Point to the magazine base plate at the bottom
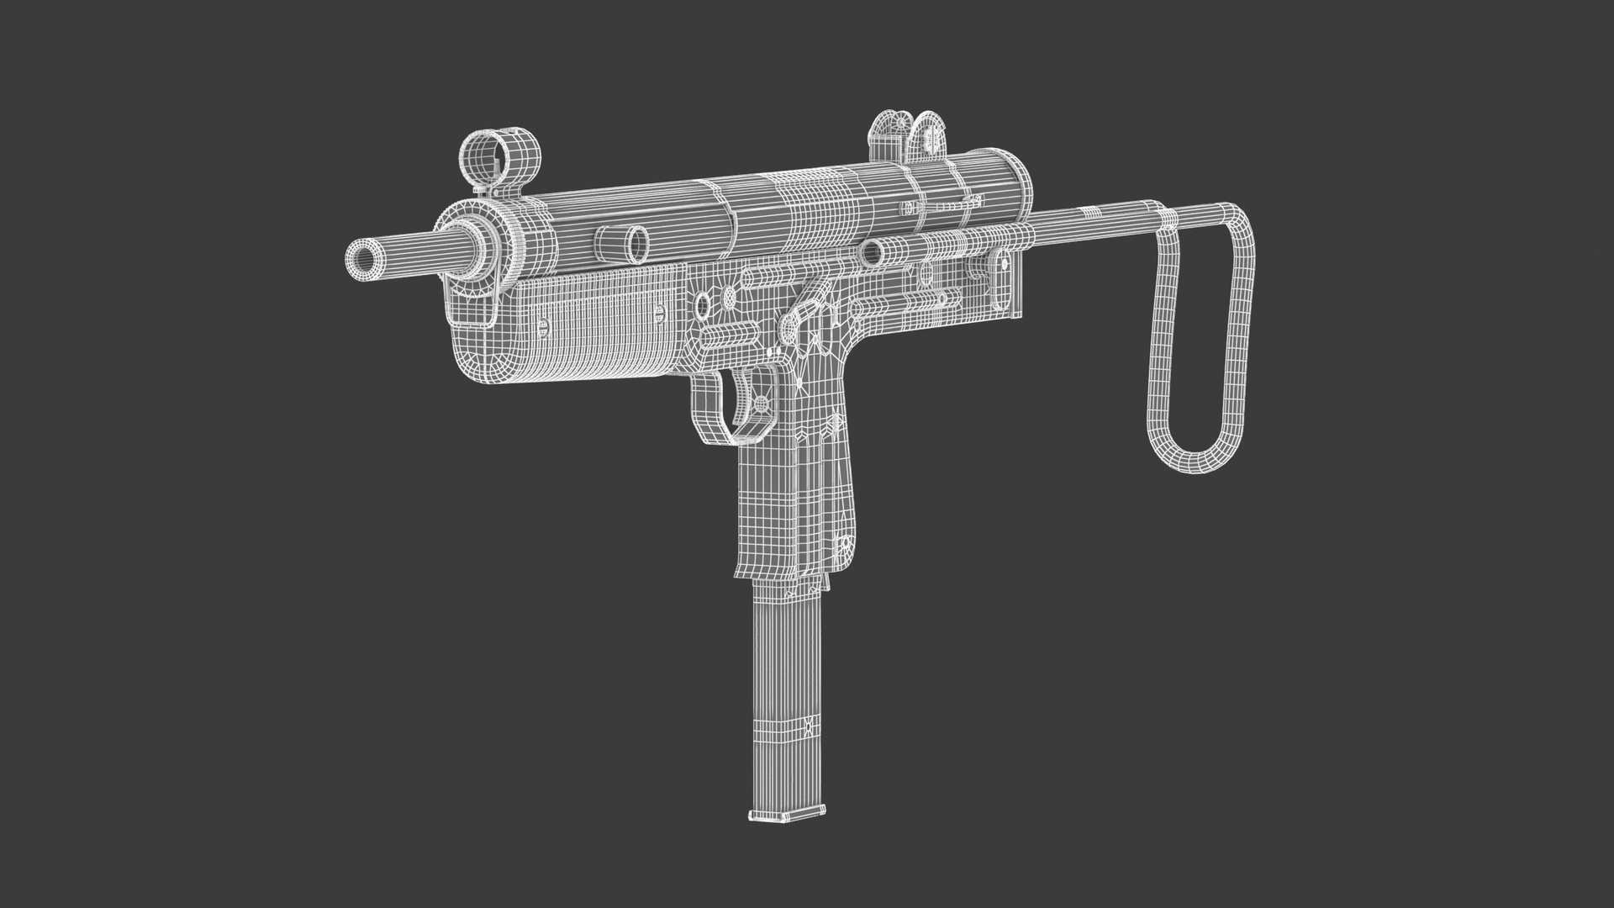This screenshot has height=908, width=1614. point(787,815)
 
